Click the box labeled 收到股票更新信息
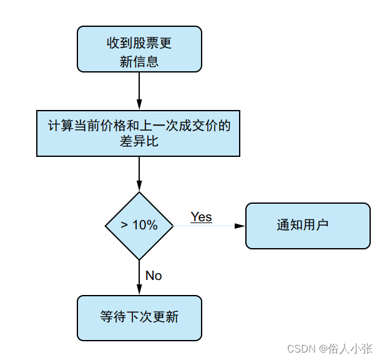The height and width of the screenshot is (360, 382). [x=139, y=49]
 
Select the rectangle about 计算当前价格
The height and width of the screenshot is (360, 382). [x=139, y=133]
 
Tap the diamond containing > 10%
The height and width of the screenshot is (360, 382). [x=139, y=226]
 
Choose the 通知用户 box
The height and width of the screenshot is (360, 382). [x=308, y=226]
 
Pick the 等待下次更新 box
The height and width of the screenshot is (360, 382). [x=139, y=317]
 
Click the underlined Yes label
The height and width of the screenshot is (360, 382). [x=201, y=217]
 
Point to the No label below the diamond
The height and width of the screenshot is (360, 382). [x=154, y=275]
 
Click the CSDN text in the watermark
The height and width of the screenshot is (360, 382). [x=302, y=347]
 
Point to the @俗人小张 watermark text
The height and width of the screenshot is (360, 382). [x=345, y=347]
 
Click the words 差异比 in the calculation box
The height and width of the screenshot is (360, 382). [x=139, y=142]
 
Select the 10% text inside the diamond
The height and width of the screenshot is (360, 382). [x=145, y=226]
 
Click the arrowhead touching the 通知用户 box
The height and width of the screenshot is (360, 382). [x=240, y=226]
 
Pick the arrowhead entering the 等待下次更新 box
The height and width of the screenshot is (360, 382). [x=139, y=291]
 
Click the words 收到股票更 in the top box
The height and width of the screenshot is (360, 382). [x=139, y=44]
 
